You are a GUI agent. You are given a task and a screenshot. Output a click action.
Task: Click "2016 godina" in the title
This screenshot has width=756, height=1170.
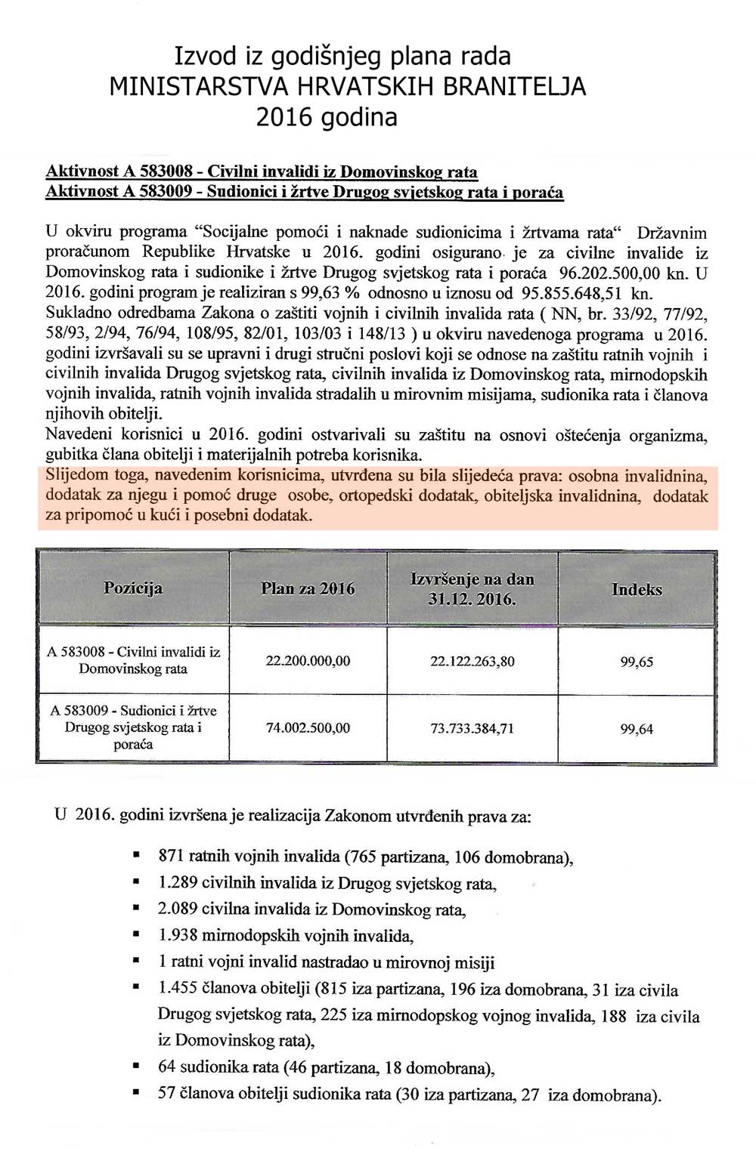327,117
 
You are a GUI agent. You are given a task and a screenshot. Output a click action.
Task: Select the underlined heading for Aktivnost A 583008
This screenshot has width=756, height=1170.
262,171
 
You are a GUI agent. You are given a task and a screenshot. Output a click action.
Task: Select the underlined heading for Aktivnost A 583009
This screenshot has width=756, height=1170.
304,192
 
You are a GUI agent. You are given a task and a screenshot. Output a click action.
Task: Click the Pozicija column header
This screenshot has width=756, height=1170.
133,588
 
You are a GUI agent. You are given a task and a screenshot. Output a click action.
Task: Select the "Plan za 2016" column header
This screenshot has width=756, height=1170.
308,589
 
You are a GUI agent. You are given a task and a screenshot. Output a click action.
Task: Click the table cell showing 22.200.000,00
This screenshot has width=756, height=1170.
308,661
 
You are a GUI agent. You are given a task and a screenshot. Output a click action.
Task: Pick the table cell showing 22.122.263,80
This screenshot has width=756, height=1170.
472,662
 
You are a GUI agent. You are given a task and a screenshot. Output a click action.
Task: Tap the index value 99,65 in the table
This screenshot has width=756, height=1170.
637,662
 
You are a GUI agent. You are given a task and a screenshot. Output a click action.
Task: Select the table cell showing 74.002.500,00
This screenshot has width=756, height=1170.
308,728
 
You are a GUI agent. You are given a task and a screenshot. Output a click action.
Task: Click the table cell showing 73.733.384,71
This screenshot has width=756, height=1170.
472,729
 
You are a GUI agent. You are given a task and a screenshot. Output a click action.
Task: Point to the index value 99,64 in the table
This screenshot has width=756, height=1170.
637,730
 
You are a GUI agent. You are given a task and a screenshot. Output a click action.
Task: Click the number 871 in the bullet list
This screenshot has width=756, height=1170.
171,857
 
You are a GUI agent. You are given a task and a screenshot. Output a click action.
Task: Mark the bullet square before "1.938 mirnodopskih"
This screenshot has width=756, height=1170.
136,935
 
